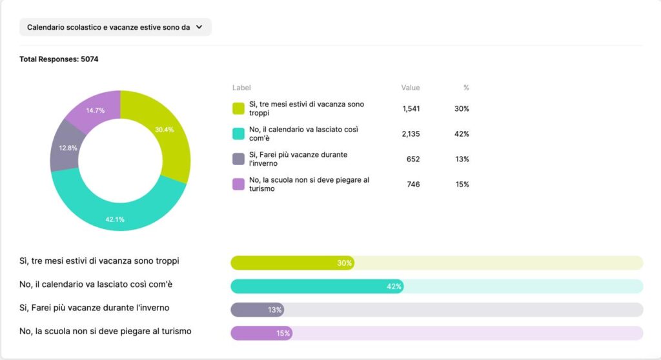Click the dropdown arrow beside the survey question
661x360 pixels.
[x=199, y=27]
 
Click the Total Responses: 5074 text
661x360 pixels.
[x=59, y=59]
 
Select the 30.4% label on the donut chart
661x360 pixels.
[x=165, y=130]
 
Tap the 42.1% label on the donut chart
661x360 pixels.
[x=115, y=219]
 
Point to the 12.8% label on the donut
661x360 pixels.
[x=68, y=148]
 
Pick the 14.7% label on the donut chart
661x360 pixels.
[x=95, y=110]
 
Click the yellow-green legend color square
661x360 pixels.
[x=238, y=108]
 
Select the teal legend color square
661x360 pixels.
[x=238, y=134]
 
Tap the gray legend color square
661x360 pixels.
[x=238, y=159]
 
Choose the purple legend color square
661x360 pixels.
[x=238, y=184]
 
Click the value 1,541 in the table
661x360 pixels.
[x=411, y=108]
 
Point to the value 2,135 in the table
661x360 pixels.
[x=411, y=134]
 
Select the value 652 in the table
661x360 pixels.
[x=412, y=159]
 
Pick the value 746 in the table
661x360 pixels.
[x=413, y=184]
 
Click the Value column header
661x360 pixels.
[x=411, y=88]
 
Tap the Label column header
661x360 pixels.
[x=241, y=88]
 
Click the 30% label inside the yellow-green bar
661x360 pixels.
[x=344, y=263]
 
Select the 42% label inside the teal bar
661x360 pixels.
[x=394, y=286]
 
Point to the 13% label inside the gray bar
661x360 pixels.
[x=275, y=310]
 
